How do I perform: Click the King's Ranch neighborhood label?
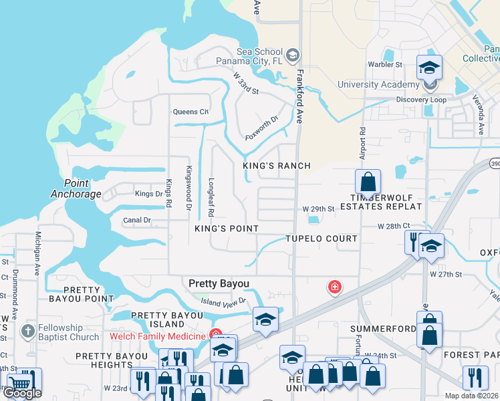(x=277, y=166)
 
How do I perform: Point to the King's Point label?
(x=227, y=229)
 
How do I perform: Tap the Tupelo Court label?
(x=321, y=239)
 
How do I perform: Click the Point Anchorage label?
(x=76, y=189)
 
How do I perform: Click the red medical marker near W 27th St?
(x=334, y=287)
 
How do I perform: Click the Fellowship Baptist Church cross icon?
(x=27, y=330)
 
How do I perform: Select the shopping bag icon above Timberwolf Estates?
(x=368, y=181)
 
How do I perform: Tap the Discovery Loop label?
(x=421, y=100)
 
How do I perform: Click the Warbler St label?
(x=384, y=65)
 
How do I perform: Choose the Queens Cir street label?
(x=191, y=112)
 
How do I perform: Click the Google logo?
(x=23, y=393)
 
